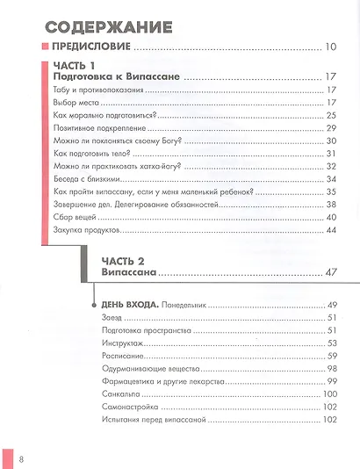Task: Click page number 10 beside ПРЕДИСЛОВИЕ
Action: pos(330,47)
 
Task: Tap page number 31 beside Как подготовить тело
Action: pos(331,154)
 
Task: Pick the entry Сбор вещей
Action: pos(74,218)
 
